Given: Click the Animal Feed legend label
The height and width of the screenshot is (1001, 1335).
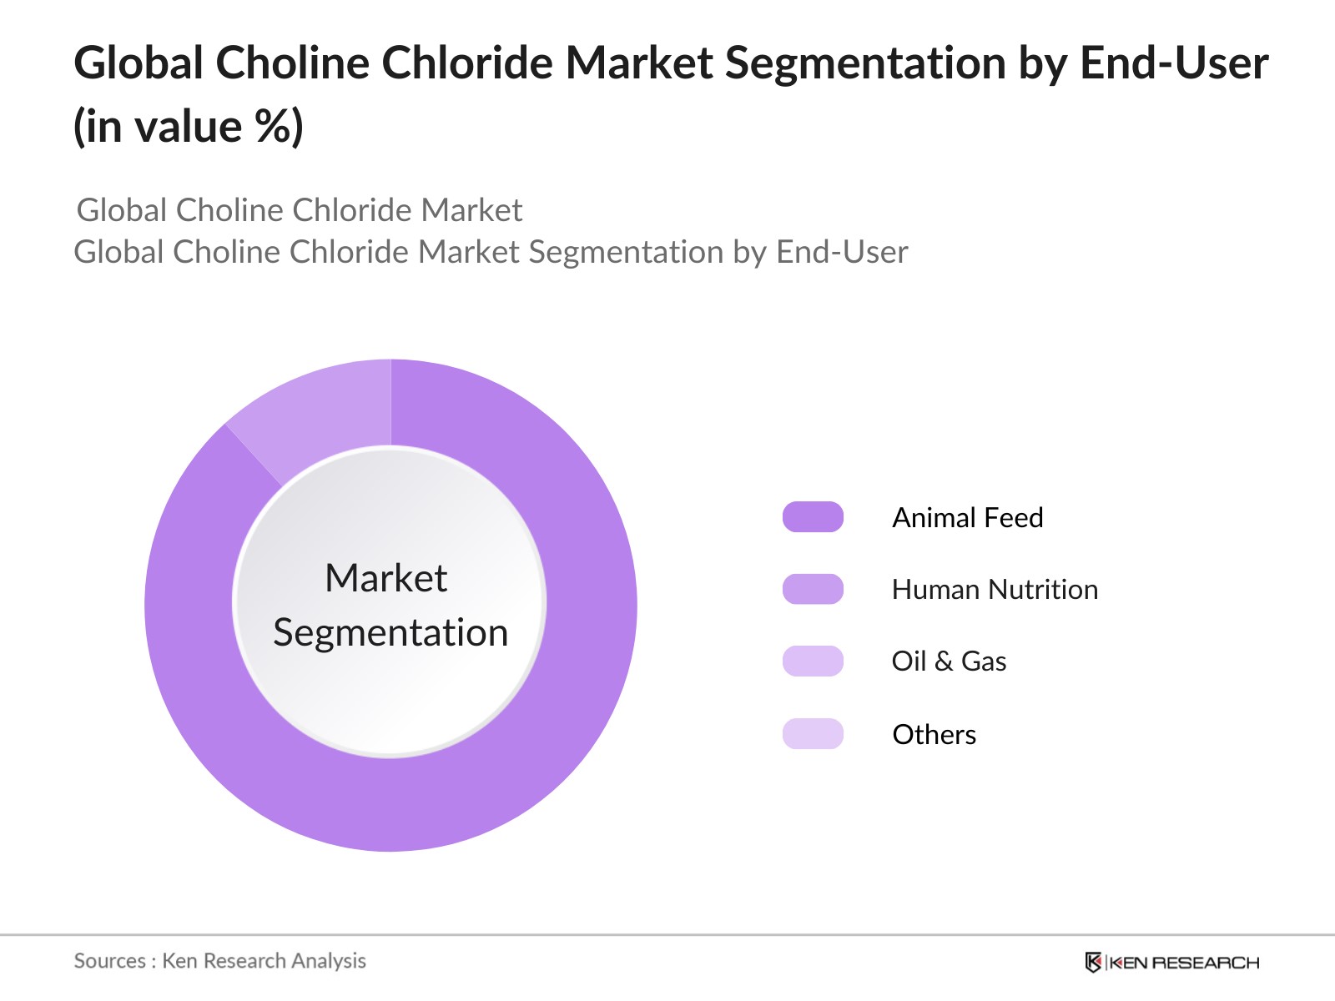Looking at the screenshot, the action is pyautogui.click(x=967, y=518).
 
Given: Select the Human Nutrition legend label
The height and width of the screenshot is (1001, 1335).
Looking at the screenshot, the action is pyautogui.click(x=995, y=590).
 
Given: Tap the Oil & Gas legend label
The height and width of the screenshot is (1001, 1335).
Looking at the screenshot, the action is pyautogui.click(x=949, y=661).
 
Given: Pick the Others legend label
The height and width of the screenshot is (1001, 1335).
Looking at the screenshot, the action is pyautogui.click(x=934, y=734).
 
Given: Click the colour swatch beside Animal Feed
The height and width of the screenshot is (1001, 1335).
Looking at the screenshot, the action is pyautogui.click(x=813, y=517).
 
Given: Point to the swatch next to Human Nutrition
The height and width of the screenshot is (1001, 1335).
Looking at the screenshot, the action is pyautogui.click(x=813, y=589).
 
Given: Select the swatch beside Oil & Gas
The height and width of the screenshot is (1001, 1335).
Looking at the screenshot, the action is pyautogui.click(x=813, y=661).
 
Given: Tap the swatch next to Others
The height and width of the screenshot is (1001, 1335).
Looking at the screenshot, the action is pyautogui.click(x=813, y=733).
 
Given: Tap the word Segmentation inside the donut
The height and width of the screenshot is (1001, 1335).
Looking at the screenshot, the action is pyautogui.click(x=390, y=633).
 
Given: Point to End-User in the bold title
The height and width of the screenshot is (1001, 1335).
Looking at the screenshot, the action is pyautogui.click(x=1175, y=63).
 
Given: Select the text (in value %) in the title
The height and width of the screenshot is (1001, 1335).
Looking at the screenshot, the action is pyautogui.click(x=188, y=127).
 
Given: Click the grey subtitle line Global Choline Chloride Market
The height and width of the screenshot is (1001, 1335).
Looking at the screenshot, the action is pyautogui.click(x=300, y=210).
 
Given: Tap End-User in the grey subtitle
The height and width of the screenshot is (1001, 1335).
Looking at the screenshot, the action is pyautogui.click(x=842, y=252).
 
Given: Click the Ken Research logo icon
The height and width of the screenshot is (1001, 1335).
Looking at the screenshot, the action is pyautogui.click(x=1093, y=962).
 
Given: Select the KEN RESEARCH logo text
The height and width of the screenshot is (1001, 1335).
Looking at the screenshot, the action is pyautogui.click(x=1184, y=963).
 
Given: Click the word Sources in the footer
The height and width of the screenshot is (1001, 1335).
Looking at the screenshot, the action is pyautogui.click(x=109, y=961).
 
